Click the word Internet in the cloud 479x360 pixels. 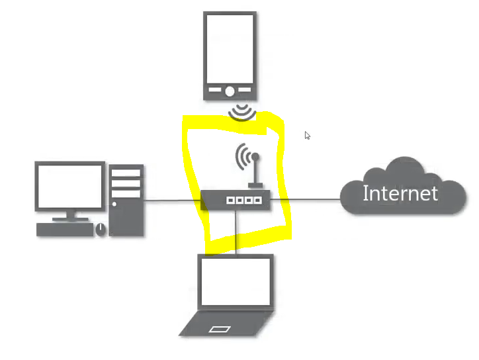[x=400, y=193]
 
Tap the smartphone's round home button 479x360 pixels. [x=230, y=91]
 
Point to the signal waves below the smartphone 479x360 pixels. [x=242, y=113]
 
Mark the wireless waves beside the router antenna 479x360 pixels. [x=243, y=157]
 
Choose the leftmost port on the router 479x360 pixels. [x=230, y=200]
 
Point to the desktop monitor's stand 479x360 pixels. [x=69, y=216]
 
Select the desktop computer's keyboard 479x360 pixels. [x=65, y=230]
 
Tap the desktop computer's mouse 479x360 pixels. [x=101, y=229]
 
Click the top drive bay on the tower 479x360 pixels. [x=126, y=173]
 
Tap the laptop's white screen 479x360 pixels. [x=236, y=281]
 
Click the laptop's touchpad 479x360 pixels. [x=220, y=328]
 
